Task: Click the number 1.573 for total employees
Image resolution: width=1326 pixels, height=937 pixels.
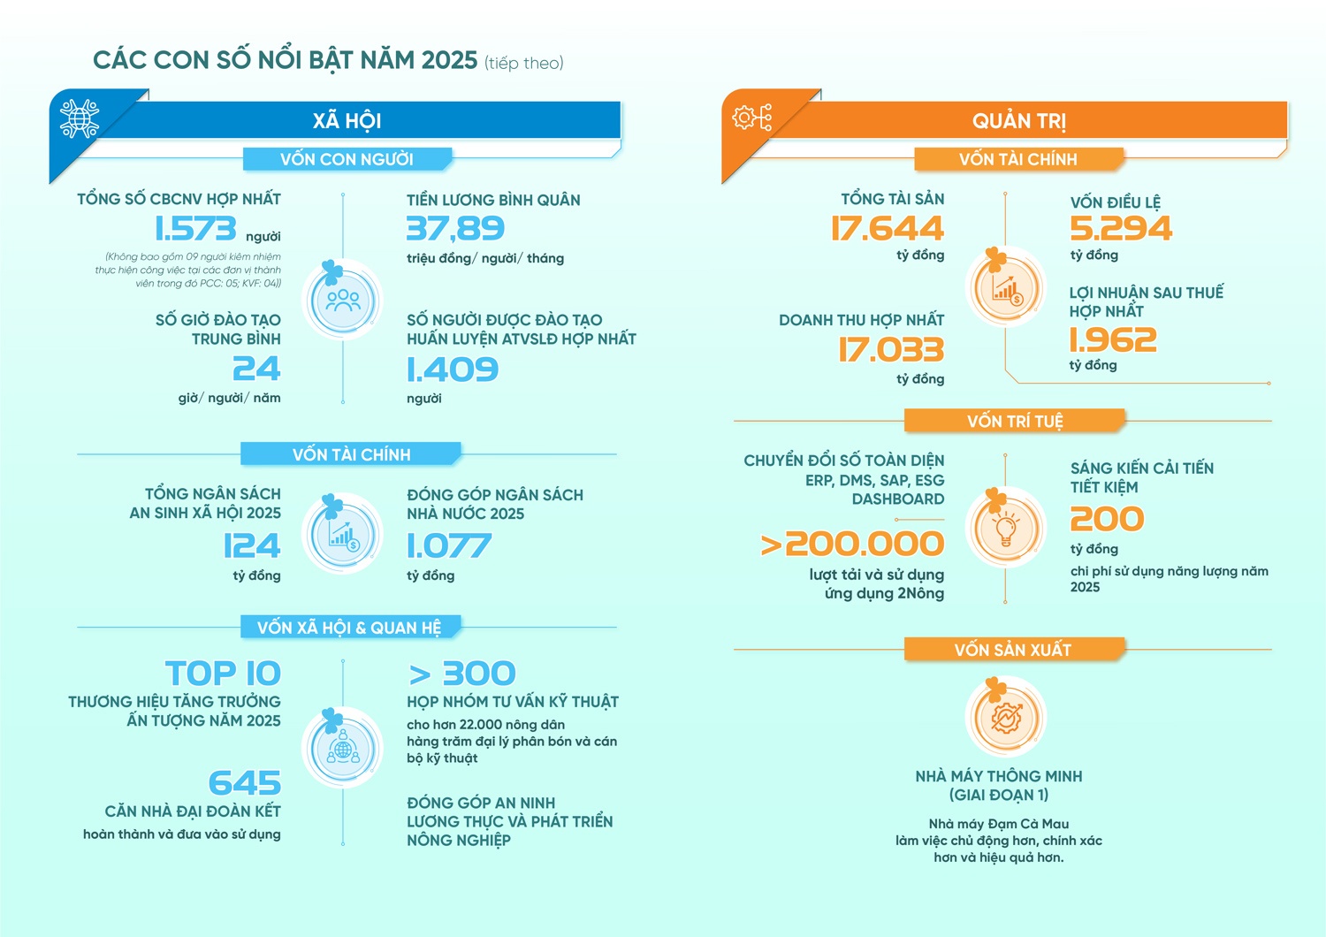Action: tap(195, 229)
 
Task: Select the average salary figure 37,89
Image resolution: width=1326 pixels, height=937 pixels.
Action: tap(455, 229)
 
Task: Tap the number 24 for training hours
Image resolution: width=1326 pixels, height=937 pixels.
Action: tap(256, 369)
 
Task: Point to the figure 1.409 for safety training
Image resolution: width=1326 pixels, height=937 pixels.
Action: tap(453, 369)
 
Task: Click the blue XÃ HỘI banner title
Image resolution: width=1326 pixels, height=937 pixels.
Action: tap(347, 121)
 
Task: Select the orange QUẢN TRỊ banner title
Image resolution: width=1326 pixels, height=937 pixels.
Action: tap(1019, 121)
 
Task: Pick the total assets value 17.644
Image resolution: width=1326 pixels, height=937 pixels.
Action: tap(888, 229)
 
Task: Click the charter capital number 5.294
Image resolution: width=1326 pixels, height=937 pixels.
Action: tap(1121, 229)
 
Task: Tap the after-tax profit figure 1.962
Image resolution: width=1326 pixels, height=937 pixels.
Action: tap(1113, 340)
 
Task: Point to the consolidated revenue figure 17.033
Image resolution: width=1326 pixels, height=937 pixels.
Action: tap(891, 350)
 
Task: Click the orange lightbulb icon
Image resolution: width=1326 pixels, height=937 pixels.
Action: tap(1005, 529)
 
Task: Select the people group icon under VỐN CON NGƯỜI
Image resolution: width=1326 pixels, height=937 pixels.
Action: tap(343, 301)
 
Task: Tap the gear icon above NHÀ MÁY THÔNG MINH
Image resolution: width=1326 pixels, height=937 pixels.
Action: tap(1006, 717)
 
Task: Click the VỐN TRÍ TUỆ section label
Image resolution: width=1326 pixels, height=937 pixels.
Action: tap(1015, 421)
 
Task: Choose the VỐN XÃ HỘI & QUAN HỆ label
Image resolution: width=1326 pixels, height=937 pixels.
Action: tap(349, 628)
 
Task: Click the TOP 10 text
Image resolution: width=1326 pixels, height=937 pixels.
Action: tap(223, 674)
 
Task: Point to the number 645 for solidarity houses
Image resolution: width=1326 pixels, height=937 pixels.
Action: tap(245, 783)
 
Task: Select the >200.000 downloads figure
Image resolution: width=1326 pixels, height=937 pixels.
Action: tap(853, 545)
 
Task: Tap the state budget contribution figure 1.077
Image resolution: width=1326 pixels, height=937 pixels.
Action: tap(449, 546)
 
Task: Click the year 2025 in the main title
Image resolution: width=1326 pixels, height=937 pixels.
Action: tap(449, 60)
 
